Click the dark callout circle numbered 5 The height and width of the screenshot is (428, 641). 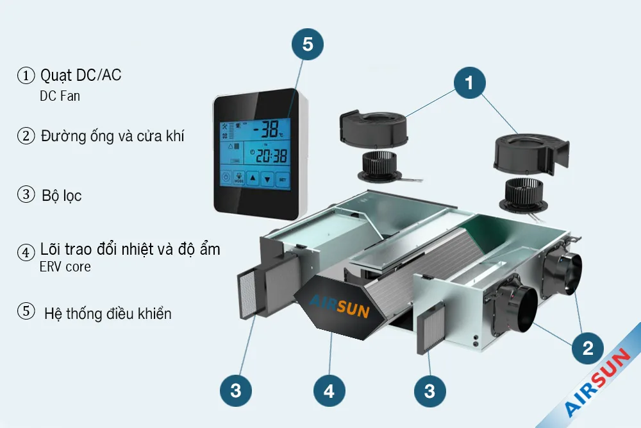click(308, 44)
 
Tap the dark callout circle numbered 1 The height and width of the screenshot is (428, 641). click(469, 83)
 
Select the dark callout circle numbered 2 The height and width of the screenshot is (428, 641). click(588, 348)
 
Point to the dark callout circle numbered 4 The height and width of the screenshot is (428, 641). click(329, 391)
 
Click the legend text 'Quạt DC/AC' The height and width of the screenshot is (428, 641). click(81, 75)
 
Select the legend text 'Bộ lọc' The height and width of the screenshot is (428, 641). click(62, 195)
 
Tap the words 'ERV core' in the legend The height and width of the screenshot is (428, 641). click(65, 266)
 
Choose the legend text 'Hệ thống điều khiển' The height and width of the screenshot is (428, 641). click(108, 314)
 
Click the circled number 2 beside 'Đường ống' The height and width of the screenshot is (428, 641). click(26, 136)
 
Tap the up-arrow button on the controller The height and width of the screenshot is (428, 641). click(253, 179)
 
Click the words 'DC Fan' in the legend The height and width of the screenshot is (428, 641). click(60, 96)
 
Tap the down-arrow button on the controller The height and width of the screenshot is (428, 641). click(268, 179)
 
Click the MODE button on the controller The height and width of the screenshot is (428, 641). click(239, 179)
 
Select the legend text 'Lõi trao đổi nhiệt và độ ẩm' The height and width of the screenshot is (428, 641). click(130, 249)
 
